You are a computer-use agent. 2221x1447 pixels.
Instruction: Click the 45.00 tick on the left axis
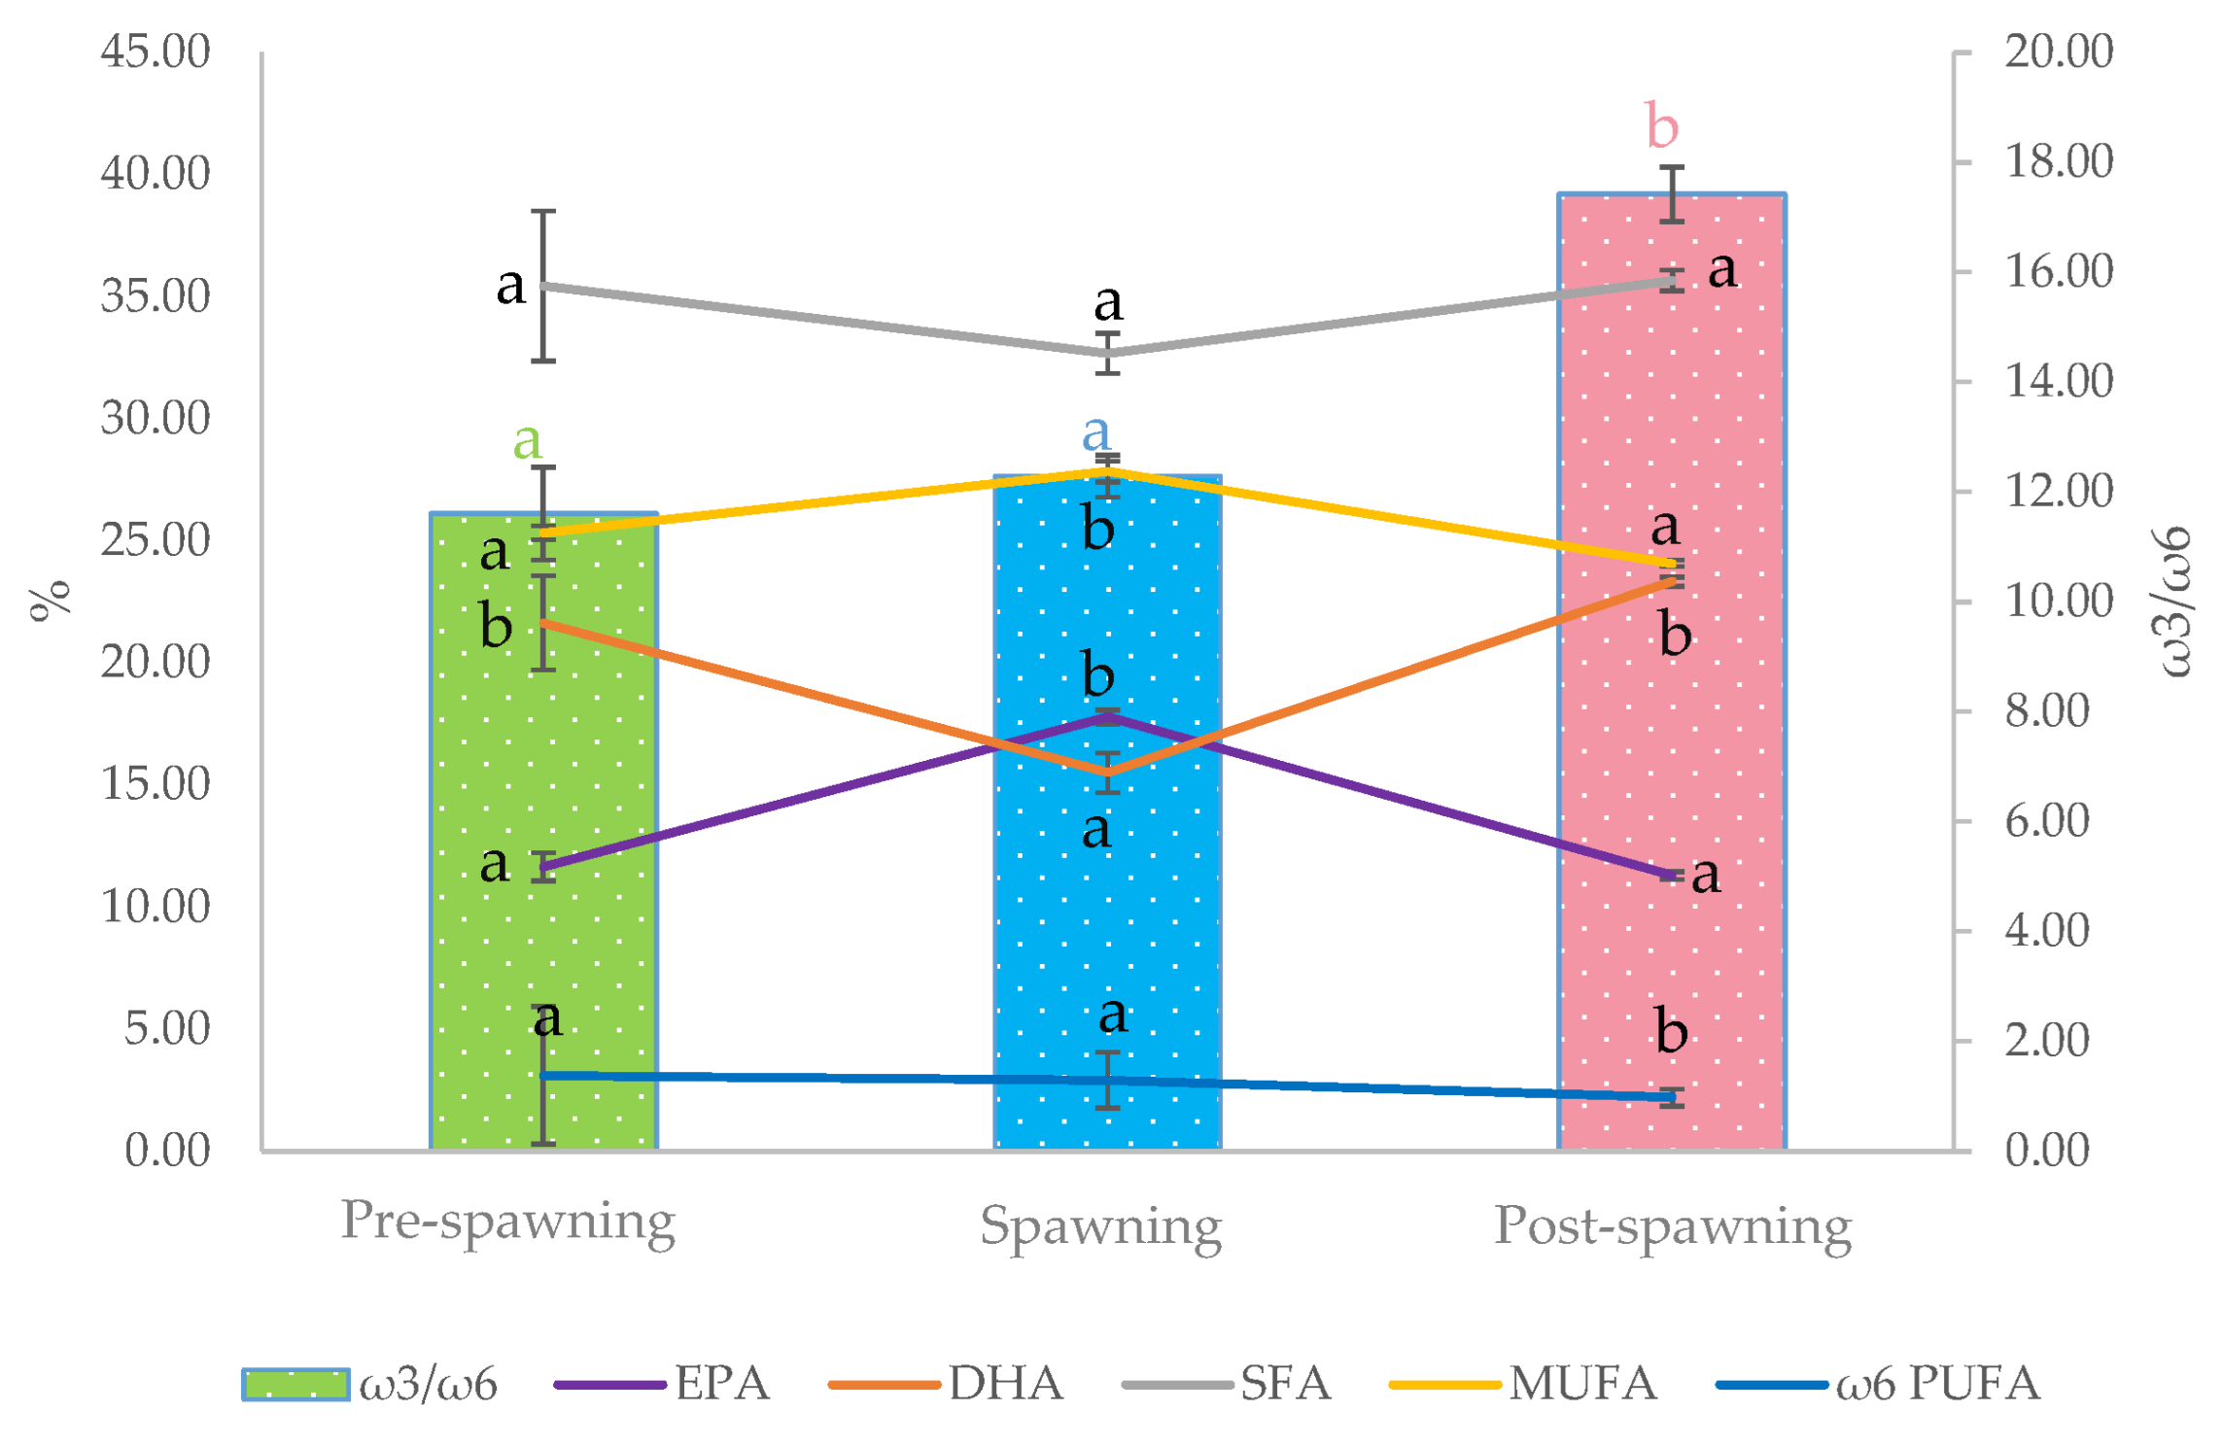(156, 51)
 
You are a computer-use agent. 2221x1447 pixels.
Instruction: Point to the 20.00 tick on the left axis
(156, 662)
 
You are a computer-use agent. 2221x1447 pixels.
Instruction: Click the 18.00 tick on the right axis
(2058, 160)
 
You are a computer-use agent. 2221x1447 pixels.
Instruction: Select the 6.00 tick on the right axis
(2046, 821)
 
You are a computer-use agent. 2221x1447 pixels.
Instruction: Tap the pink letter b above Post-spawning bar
(1661, 126)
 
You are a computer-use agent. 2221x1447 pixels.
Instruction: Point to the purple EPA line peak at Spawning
(1107, 717)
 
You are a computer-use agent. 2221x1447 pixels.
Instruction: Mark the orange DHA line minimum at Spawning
(1107, 773)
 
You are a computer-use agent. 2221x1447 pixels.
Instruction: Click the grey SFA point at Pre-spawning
(543, 286)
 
